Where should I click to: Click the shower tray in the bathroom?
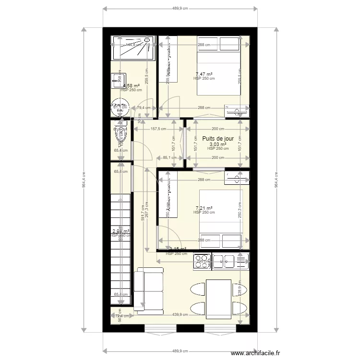pos(133,48)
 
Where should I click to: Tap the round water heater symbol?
pos(119,109)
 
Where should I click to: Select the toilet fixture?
pos(120,134)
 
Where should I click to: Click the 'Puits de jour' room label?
pos(218,138)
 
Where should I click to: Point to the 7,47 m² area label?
pos(204,74)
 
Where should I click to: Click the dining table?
pos(218,299)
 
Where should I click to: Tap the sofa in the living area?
pos(144,288)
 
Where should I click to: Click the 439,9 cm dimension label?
pos(180,315)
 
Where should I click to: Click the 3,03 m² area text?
pos(217,144)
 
